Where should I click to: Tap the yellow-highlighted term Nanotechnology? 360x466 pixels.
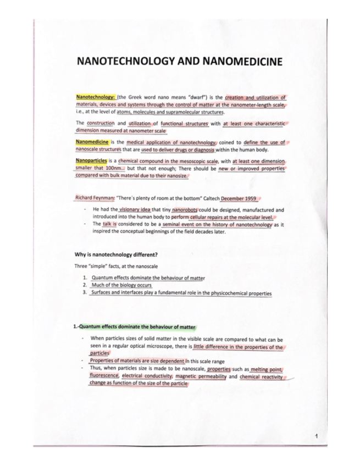click(x=93, y=96)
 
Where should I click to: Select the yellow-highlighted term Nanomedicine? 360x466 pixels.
click(x=92, y=142)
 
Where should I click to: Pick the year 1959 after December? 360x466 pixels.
click(x=248, y=198)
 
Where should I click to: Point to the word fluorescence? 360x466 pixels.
click(x=104, y=376)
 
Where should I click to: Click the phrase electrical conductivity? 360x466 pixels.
click(x=147, y=376)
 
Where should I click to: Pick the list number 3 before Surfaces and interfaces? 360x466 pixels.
click(x=85, y=293)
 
